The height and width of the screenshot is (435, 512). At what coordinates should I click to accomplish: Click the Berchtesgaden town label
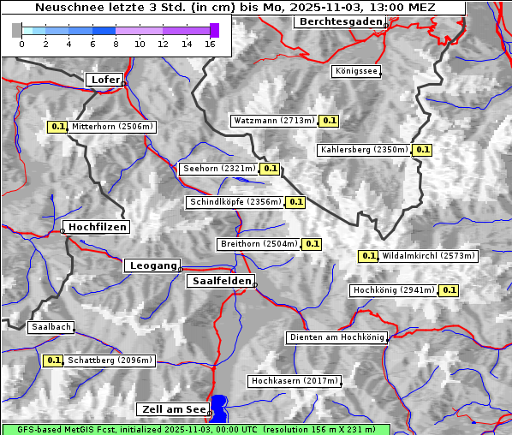pos(339,21)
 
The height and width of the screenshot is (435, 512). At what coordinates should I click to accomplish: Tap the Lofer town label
pos(104,80)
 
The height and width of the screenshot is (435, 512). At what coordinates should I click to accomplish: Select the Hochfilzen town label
pos(97,227)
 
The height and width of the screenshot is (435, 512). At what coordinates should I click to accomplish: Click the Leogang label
pos(153,265)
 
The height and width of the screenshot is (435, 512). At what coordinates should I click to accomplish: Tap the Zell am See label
pos(172,409)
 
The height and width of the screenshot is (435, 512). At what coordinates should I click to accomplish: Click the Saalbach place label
pos(51,327)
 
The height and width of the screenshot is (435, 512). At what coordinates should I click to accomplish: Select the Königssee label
pos(356,72)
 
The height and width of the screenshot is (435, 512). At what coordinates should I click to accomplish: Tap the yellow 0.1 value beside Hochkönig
pos(449,290)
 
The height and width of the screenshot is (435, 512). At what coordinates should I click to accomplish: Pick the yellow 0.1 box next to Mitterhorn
pos(57,127)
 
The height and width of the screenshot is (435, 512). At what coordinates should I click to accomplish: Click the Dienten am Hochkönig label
pos(336,338)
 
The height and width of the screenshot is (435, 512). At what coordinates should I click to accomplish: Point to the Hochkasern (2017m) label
pos(295,380)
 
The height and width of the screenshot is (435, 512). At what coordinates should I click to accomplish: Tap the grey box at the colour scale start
pos(16,30)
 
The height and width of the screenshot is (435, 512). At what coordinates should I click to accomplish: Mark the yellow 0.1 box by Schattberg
pos(53,361)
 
